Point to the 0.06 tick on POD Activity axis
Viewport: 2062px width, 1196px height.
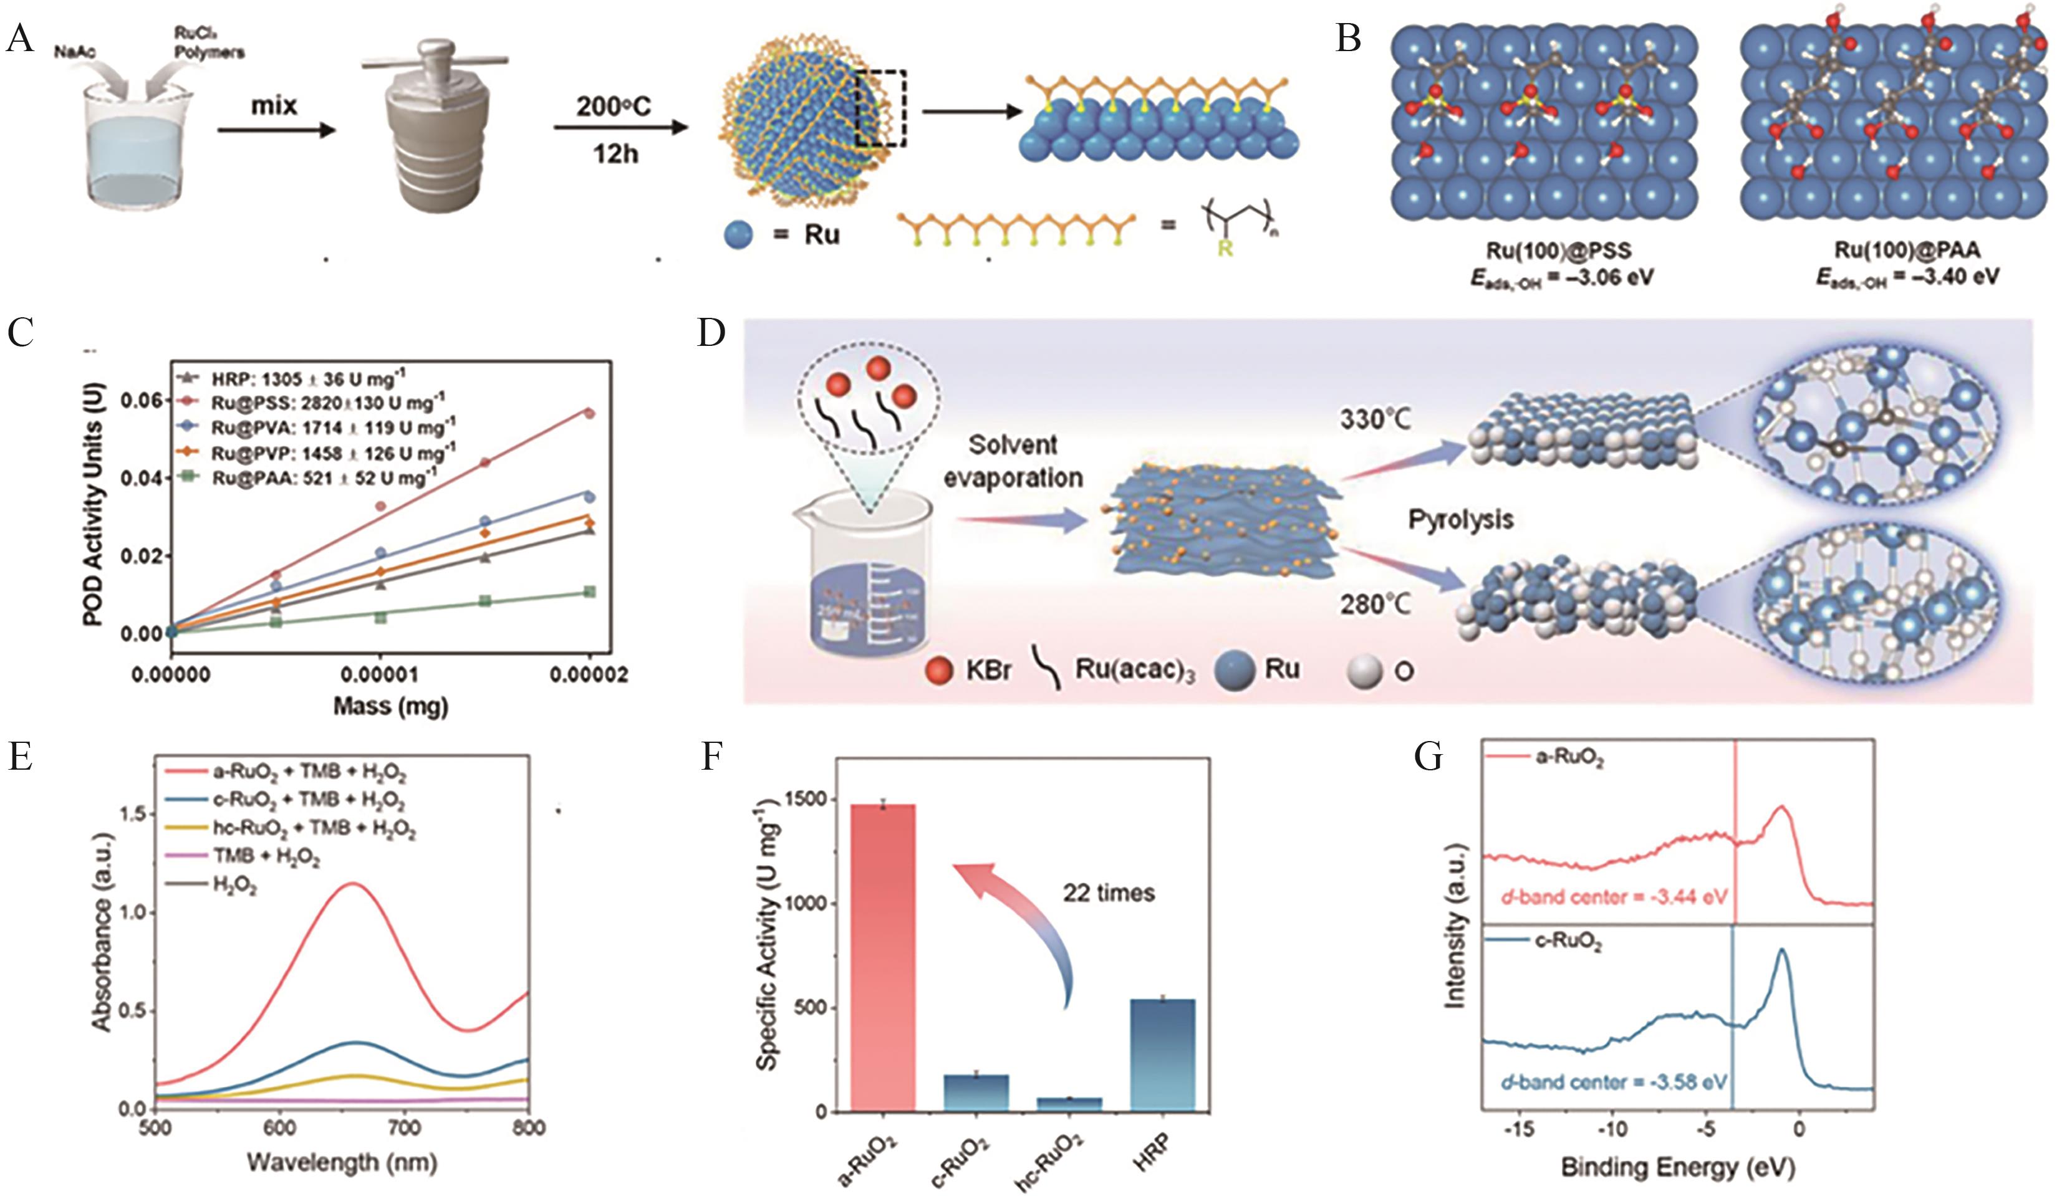tap(143, 400)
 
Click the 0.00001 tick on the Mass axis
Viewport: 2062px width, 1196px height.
tap(380, 676)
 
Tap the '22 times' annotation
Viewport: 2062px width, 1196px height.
tap(1109, 892)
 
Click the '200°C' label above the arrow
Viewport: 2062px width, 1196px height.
tap(613, 107)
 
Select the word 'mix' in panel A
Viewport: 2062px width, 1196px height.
tap(274, 105)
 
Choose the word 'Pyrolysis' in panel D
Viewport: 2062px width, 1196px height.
tap(1460, 519)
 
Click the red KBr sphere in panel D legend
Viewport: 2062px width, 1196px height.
tap(938, 671)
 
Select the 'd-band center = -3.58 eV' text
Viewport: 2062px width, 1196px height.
tap(1614, 1083)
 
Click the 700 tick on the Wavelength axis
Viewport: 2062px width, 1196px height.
tap(404, 1129)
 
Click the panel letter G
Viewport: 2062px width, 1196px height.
tap(1428, 757)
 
